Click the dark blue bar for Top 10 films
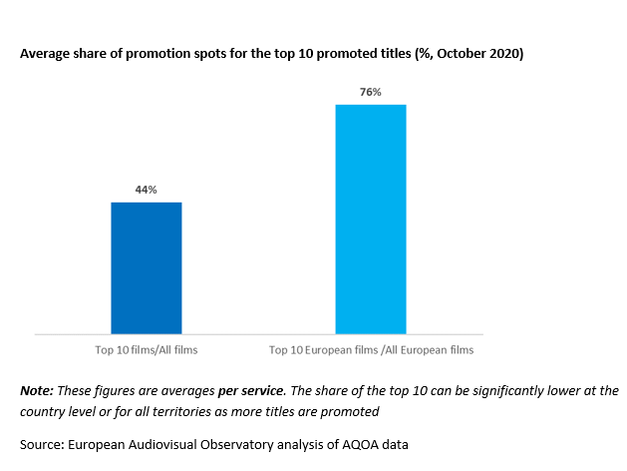pyautogui.click(x=147, y=267)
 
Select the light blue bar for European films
pyautogui.click(x=371, y=218)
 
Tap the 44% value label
pyautogui.click(x=147, y=189)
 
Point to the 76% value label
pyautogui.click(x=371, y=92)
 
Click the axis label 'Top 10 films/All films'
pyautogui.click(x=147, y=350)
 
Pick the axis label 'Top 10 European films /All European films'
pyautogui.click(x=371, y=350)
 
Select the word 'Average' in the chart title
pyautogui.click(x=46, y=53)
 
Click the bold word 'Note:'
pyautogui.click(x=38, y=390)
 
